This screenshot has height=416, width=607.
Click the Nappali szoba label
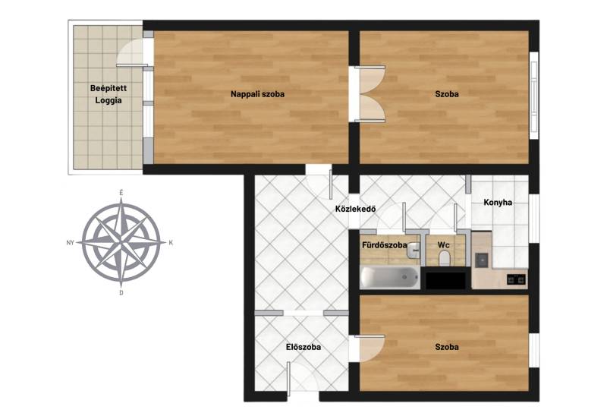point(257,94)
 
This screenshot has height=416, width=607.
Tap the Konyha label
point(498,203)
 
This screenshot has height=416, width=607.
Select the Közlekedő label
point(355,210)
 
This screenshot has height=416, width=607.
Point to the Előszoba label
point(303,347)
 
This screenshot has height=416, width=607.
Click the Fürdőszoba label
point(385,245)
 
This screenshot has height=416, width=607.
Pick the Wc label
point(444,245)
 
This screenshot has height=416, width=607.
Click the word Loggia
point(109,101)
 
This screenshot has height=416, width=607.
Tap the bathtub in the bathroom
point(390,277)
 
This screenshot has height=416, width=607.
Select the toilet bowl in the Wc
point(445,258)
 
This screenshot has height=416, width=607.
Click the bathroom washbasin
point(414,251)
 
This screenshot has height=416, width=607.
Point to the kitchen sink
point(482,260)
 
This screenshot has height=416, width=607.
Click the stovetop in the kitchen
point(517,279)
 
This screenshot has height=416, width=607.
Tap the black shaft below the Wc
point(445,281)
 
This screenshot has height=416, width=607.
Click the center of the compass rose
point(121,243)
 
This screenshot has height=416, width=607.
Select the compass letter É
point(121,193)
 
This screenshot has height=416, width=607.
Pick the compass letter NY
point(70,243)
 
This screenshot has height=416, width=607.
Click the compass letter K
point(171,243)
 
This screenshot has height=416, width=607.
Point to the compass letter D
point(121,293)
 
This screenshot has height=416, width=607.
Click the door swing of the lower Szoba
point(370,348)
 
